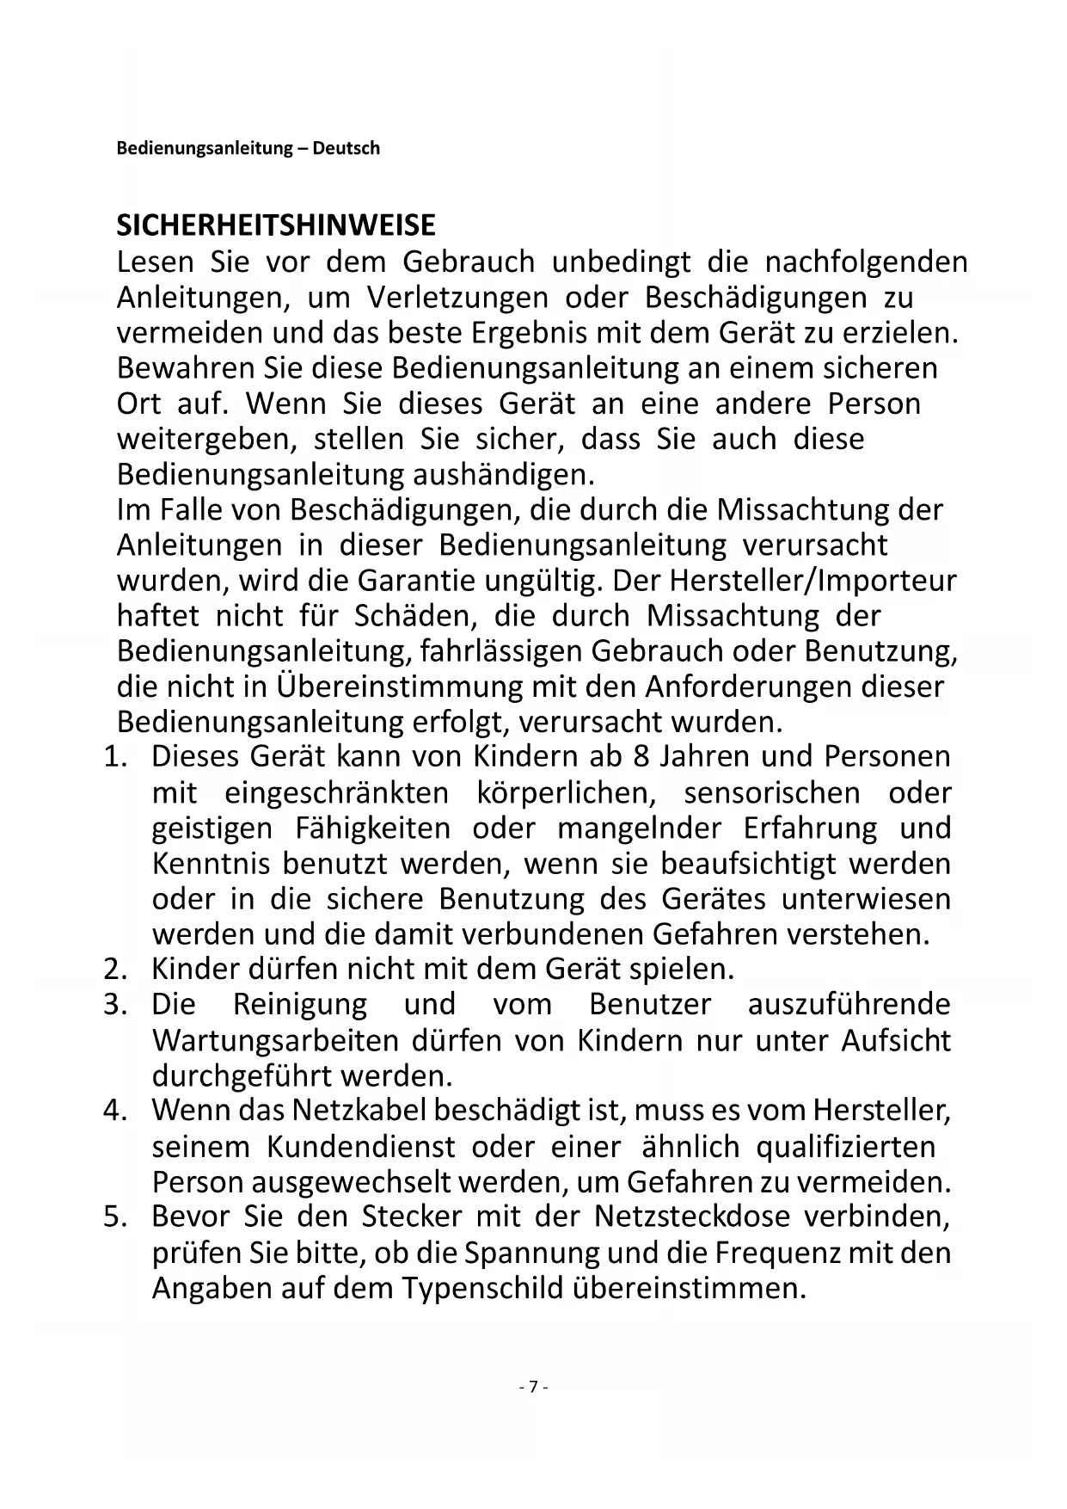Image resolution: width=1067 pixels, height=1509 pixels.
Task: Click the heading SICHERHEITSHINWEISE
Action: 276,225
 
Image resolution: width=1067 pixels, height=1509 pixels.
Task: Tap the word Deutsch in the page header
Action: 346,148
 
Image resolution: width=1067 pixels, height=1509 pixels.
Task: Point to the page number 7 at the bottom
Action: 533,1387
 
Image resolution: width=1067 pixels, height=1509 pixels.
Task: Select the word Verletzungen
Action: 457,298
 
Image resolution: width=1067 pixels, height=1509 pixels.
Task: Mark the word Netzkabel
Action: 359,1111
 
